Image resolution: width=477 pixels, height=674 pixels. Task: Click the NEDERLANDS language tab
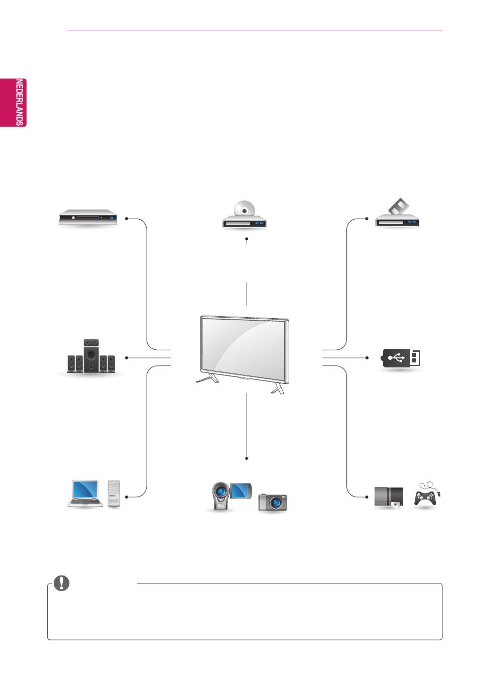[13, 103]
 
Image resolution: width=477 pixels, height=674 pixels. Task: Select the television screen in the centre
[245, 350]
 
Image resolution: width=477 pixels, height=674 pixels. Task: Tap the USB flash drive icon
[400, 358]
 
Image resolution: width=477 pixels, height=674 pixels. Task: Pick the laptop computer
[85, 494]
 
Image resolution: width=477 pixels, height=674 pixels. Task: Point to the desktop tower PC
[113, 494]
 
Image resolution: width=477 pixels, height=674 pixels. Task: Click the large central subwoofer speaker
[91, 356]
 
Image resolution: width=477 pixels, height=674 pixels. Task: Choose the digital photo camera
[273, 502]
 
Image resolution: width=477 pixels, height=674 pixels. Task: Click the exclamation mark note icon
[62, 583]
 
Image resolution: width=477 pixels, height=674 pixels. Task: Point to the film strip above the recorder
[399, 206]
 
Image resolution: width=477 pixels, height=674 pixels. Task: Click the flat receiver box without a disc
[88, 217]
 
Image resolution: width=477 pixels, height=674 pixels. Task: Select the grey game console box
[389, 497]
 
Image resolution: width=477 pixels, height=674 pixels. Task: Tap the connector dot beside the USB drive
[367, 358]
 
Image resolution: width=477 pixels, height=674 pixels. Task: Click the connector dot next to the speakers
[127, 358]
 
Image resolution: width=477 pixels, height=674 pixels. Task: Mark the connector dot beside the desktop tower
[127, 497]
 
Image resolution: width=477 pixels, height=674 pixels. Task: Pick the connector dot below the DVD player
[247, 239]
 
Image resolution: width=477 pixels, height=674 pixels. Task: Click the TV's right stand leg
[278, 390]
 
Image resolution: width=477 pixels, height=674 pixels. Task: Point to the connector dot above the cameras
[247, 458]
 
